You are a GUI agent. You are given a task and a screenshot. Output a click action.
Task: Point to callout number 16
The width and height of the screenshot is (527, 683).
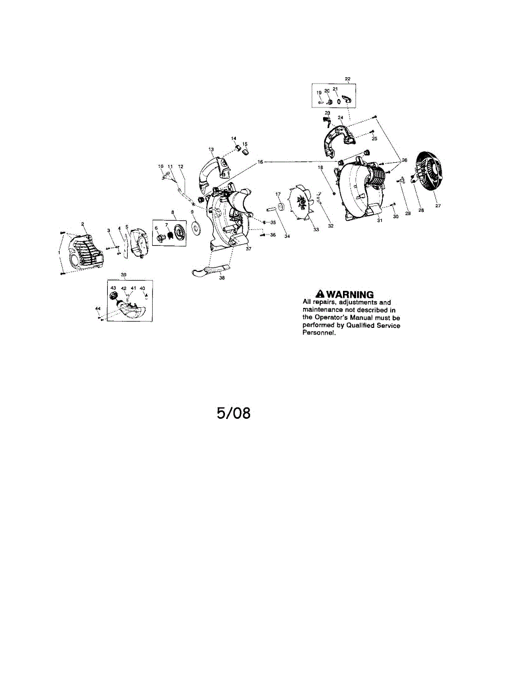pos(260,162)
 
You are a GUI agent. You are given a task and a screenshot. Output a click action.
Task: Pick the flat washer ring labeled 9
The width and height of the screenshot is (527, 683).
pos(197,229)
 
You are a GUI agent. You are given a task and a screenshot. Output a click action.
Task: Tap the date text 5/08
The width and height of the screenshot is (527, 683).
pos(234,412)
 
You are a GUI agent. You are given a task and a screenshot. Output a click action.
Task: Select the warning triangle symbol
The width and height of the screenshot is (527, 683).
pos(312,294)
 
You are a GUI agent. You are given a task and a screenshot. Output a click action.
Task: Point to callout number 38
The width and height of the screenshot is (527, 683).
pos(222,278)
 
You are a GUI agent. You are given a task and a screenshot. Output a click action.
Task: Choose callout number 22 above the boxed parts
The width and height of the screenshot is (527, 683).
pos(348,79)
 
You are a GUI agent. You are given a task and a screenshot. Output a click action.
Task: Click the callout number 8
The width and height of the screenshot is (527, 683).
pos(173,212)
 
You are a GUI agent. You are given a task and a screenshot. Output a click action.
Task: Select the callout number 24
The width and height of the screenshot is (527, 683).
pos(340,118)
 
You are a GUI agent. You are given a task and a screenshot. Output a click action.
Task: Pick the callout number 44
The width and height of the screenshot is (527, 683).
pos(97,308)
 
